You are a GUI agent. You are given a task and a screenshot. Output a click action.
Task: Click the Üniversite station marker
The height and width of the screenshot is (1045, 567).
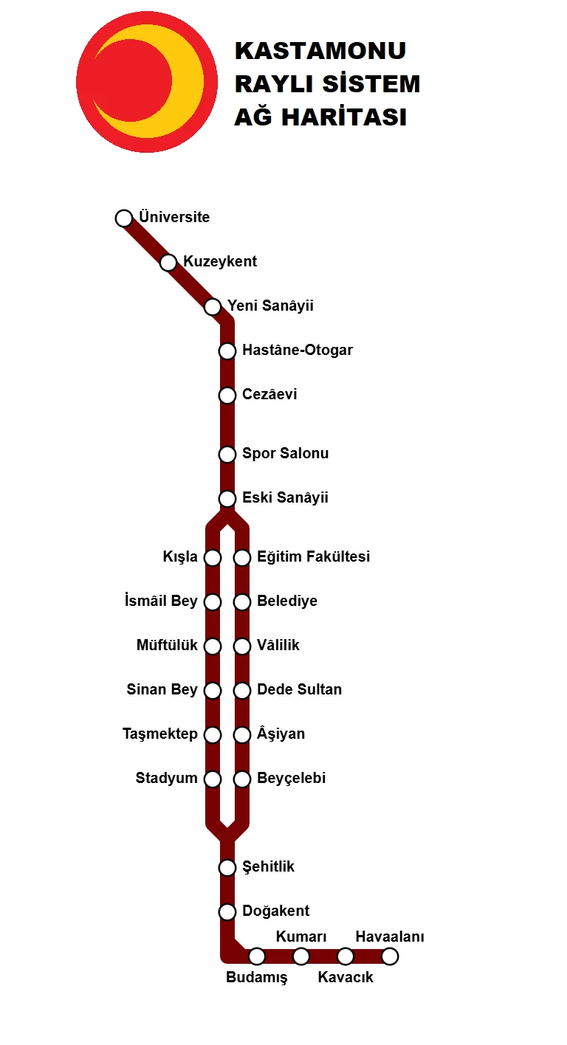pos(124,218)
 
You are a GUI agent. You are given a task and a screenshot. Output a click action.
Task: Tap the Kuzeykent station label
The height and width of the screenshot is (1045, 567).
pos(220,262)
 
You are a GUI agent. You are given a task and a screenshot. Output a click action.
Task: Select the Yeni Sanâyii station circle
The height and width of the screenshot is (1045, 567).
pos(213,306)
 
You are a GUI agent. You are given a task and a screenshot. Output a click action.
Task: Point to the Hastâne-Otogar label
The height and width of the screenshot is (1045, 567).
pos(298,351)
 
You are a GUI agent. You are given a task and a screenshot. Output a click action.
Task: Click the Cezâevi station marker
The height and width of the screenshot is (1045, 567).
pos(227,395)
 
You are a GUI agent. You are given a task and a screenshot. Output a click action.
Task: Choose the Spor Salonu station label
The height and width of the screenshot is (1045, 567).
pos(285,454)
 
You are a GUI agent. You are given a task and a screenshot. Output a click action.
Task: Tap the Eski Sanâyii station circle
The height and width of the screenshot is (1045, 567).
pos(227,498)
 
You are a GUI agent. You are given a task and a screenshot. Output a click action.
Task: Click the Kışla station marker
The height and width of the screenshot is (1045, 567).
pos(213,557)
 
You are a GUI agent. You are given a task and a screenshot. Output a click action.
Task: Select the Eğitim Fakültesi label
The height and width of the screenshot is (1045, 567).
pos(313,557)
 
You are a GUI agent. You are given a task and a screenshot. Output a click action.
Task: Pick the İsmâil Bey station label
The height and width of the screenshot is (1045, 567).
pos(162,601)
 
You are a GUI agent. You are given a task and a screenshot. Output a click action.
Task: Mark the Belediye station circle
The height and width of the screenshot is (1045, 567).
pos(242,601)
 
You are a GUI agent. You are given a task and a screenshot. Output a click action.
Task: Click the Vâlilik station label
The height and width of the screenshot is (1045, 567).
pos(278,646)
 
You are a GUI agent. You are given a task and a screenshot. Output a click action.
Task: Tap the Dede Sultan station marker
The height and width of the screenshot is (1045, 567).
pos(242,690)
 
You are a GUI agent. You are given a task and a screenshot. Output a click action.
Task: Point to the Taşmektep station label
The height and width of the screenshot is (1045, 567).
pos(160,734)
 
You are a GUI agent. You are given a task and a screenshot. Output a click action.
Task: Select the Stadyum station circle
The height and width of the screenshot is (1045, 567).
pos(213,779)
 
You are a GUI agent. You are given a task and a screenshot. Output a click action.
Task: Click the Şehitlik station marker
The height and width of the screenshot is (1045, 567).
pos(227,867)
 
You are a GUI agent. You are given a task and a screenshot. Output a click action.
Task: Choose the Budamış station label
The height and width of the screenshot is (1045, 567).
pos(256,979)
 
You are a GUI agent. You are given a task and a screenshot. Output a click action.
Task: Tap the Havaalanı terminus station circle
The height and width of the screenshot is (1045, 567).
pos(390,956)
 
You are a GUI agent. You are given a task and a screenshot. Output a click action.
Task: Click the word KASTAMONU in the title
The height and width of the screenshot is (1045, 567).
pos(320,51)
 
